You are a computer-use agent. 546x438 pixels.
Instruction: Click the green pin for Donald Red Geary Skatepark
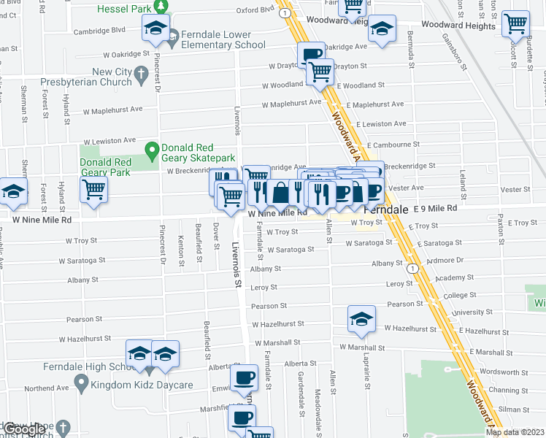[152, 151]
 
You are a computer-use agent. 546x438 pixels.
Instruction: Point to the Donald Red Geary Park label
[105, 167]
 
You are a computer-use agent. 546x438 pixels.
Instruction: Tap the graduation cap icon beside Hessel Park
[155, 28]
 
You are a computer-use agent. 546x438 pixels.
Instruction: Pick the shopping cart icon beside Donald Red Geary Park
[94, 189]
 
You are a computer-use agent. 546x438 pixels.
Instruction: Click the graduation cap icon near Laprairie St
[361, 318]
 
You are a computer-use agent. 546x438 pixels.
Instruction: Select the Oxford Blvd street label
[255, 11]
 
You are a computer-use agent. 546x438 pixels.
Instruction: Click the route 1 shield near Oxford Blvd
[283, 14]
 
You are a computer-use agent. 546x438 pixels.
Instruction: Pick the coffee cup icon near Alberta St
[244, 377]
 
